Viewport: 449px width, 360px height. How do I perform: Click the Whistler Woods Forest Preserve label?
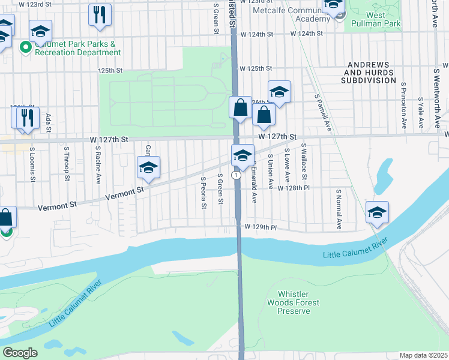point(294,303)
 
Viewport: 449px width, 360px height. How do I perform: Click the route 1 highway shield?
point(238,175)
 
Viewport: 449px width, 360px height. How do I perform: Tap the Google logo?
point(20,352)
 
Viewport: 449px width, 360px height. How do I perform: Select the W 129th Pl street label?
point(259,228)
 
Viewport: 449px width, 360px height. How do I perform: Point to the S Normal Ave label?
point(339,209)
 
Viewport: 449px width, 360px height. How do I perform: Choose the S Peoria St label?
point(203,193)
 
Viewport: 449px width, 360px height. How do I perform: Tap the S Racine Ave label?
point(97,164)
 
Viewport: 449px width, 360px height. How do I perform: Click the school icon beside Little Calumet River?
point(377,212)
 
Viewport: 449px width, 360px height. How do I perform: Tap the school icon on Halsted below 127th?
point(243,155)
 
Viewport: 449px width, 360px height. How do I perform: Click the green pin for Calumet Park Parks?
point(25,47)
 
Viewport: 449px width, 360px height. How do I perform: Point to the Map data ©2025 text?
point(423,355)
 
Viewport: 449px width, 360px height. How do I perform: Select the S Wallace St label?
point(304,161)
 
